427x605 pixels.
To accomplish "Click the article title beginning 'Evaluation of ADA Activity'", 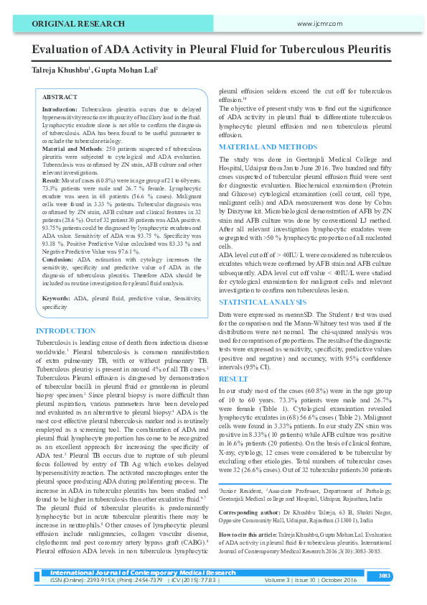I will pyautogui.click(x=211, y=50).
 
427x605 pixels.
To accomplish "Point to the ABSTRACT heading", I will pyautogui.click(x=60, y=96).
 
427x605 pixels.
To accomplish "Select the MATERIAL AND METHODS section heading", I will pyautogui.click(x=267, y=147).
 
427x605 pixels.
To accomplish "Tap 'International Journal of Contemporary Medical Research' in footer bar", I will pyautogui.click(x=143, y=573).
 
